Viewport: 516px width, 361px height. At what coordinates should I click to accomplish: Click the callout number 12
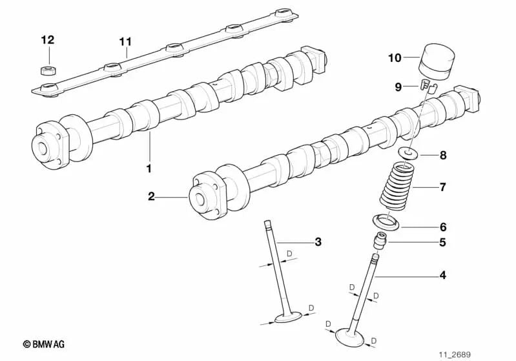tap(47, 39)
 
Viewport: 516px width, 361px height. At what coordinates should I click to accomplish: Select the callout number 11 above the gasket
tap(125, 42)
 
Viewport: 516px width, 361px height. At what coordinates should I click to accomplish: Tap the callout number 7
tap(442, 187)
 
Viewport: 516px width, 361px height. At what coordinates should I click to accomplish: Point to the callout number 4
tap(442, 276)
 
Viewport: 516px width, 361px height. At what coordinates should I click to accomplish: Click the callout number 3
tap(317, 242)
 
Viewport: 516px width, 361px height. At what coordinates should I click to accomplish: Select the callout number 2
tap(151, 196)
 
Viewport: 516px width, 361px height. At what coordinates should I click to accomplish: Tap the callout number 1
tap(149, 169)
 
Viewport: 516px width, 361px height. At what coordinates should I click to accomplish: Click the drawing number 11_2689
tap(455, 355)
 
